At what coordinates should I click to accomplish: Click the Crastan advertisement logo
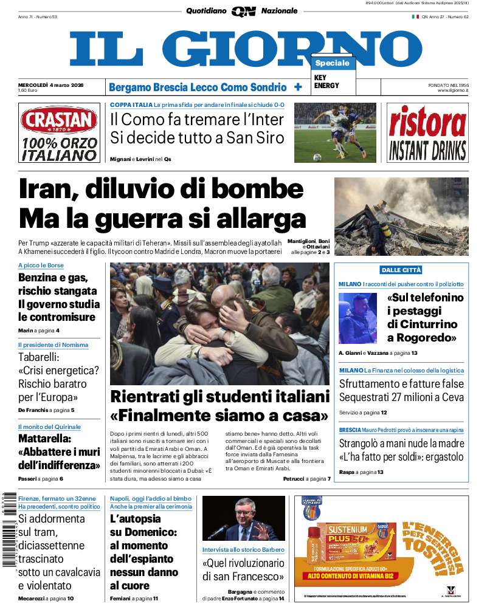tap(58, 120)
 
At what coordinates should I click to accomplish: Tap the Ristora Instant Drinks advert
tap(427, 132)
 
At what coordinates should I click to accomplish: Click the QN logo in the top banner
tap(243, 12)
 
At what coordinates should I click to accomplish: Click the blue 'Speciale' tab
tap(333, 63)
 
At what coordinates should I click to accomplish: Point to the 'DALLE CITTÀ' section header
tap(401, 270)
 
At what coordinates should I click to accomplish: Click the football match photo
tap(335, 132)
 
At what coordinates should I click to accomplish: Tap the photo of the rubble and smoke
tap(401, 216)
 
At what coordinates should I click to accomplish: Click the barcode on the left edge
tap(8, 529)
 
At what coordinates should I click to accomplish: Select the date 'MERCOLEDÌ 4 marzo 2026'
tap(51, 84)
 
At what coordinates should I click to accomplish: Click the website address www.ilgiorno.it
tap(452, 91)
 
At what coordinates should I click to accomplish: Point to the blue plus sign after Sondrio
tap(298, 87)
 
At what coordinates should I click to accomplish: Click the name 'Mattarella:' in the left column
tap(45, 438)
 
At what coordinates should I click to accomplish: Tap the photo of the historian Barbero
tap(243, 518)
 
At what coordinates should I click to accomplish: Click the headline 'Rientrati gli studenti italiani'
tap(219, 397)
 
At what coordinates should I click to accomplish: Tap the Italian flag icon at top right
tap(415, 16)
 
